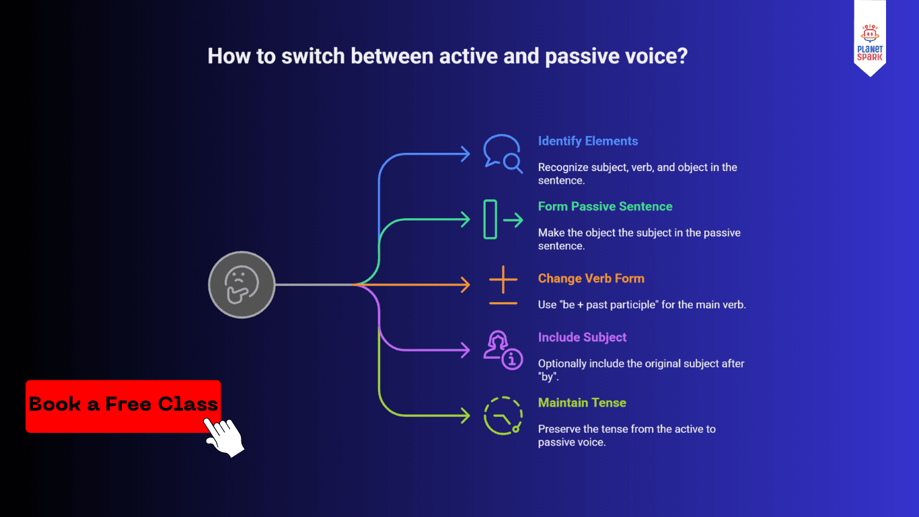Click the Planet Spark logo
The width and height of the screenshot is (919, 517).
click(870, 40)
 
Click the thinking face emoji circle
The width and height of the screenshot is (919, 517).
click(242, 285)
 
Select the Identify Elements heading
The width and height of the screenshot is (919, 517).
click(587, 141)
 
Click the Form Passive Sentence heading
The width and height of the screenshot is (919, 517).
click(605, 206)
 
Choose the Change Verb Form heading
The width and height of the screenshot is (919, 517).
click(591, 278)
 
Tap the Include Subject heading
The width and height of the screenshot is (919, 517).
click(582, 337)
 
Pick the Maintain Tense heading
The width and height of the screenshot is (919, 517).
click(582, 403)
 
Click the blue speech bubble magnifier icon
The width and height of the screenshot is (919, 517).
click(503, 153)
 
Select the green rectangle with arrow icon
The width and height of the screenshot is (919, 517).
click(503, 219)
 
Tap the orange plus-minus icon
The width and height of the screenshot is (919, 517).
click(503, 285)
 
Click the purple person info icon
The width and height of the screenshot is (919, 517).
click(503, 350)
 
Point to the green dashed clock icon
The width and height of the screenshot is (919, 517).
click(503, 416)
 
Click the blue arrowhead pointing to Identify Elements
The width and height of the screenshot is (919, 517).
click(465, 154)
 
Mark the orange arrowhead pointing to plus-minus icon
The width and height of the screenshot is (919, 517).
click(465, 285)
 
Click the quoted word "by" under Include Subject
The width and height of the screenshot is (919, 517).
click(548, 377)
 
